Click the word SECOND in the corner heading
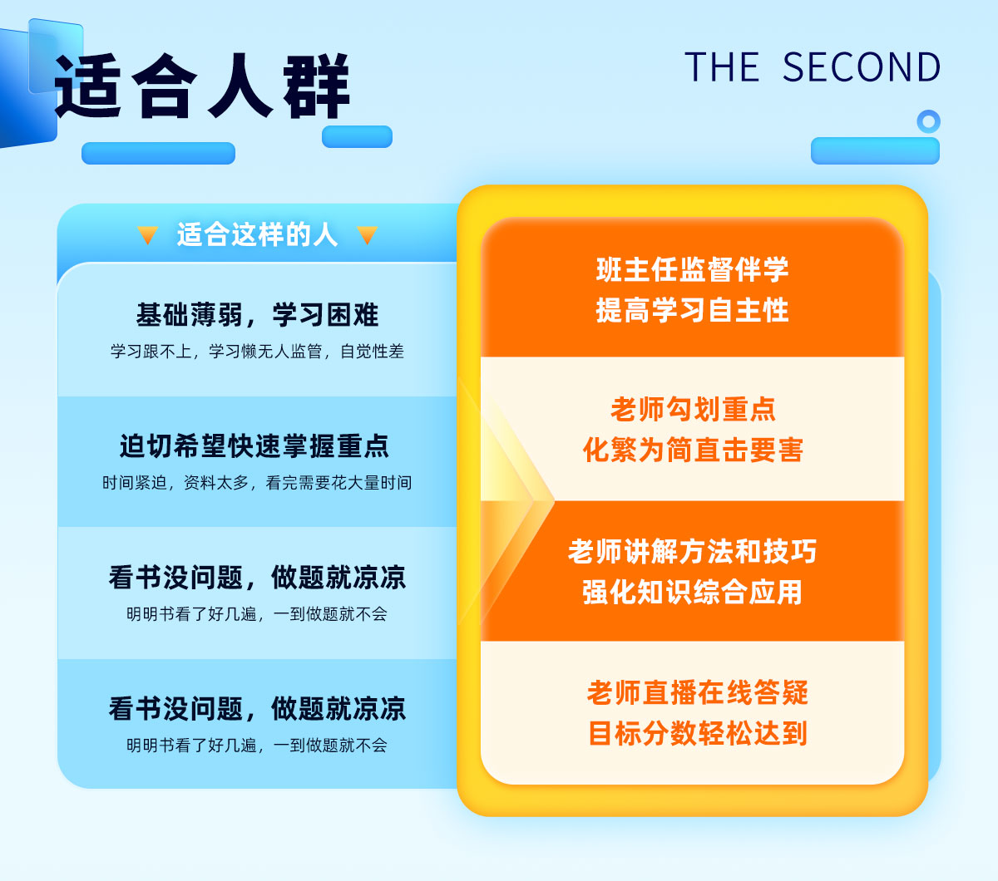[862, 67]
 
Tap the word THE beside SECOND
[722, 67]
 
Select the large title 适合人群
[202, 86]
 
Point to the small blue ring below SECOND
[928, 121]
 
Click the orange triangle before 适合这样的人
[148, 234]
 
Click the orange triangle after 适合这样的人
[367, 234]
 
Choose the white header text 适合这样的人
[257, 234]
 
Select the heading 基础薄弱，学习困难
[257, 315]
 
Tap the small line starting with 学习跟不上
[257, 351]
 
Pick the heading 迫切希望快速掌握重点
[254, 446]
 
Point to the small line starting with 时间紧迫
[257, 483]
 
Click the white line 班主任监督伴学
[692, 270]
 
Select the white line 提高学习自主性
[692, 310]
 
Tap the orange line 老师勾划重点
[693, 409]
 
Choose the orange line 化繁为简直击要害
[693, 450]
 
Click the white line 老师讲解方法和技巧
[692, 551]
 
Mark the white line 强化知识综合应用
[692, 592]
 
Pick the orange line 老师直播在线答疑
[698, 692]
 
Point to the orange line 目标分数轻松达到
[698, 733]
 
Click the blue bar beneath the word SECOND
[876, 150]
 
